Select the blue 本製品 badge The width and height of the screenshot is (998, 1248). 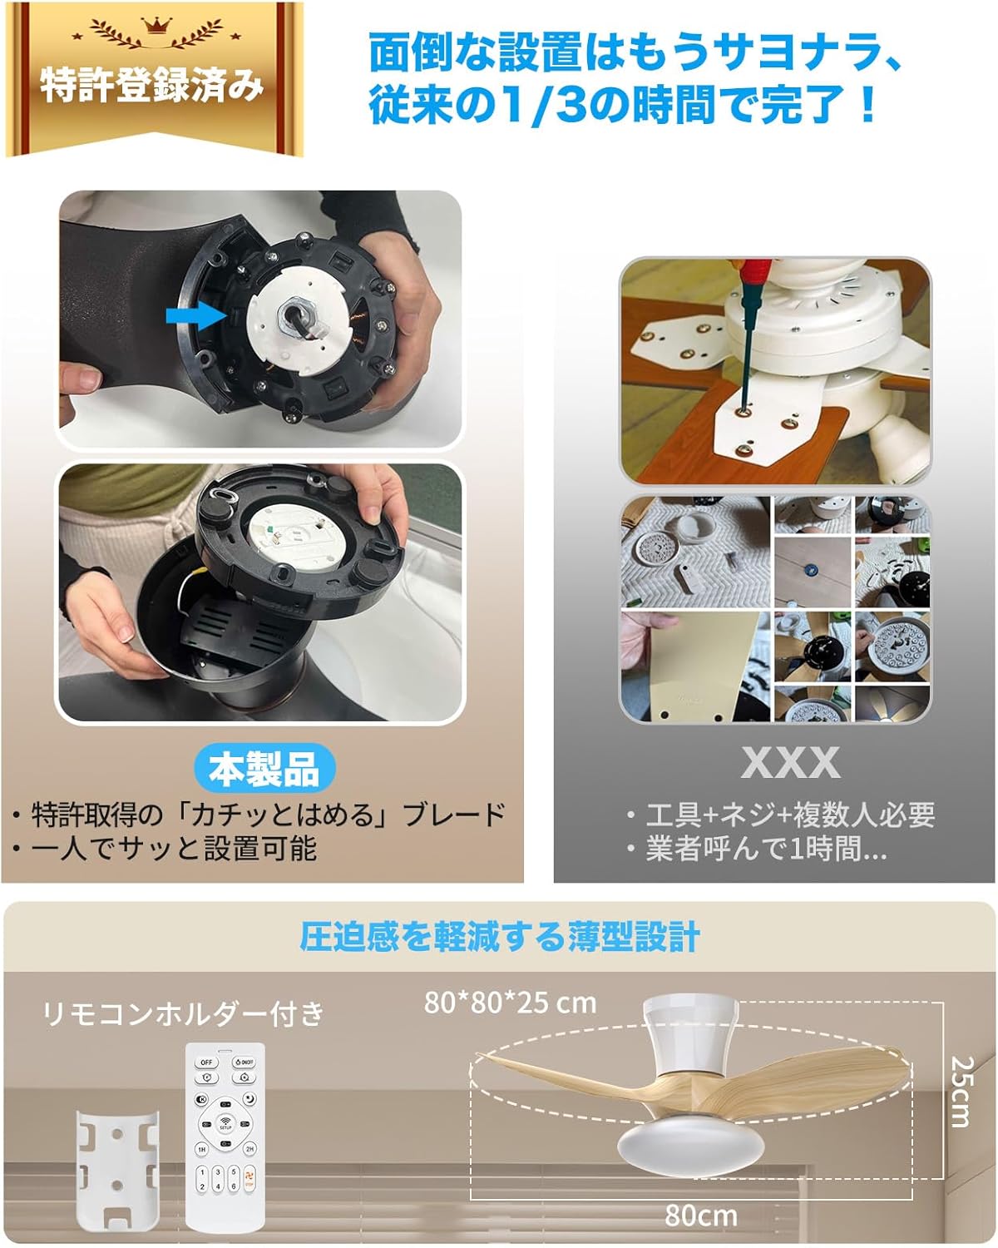(264, 768)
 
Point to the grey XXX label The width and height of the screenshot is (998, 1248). (790, 762)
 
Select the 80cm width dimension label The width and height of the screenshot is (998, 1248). (700, 1216)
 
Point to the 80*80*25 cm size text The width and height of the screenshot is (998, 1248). (510, 1003)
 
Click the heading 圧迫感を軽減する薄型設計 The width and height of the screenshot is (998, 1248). (499, 937)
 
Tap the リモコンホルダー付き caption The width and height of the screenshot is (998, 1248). (183, 1013)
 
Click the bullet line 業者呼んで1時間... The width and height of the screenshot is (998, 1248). (765, 849)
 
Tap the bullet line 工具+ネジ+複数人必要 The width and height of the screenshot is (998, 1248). (790, 815)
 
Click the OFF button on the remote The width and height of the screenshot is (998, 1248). (206, 1062)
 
